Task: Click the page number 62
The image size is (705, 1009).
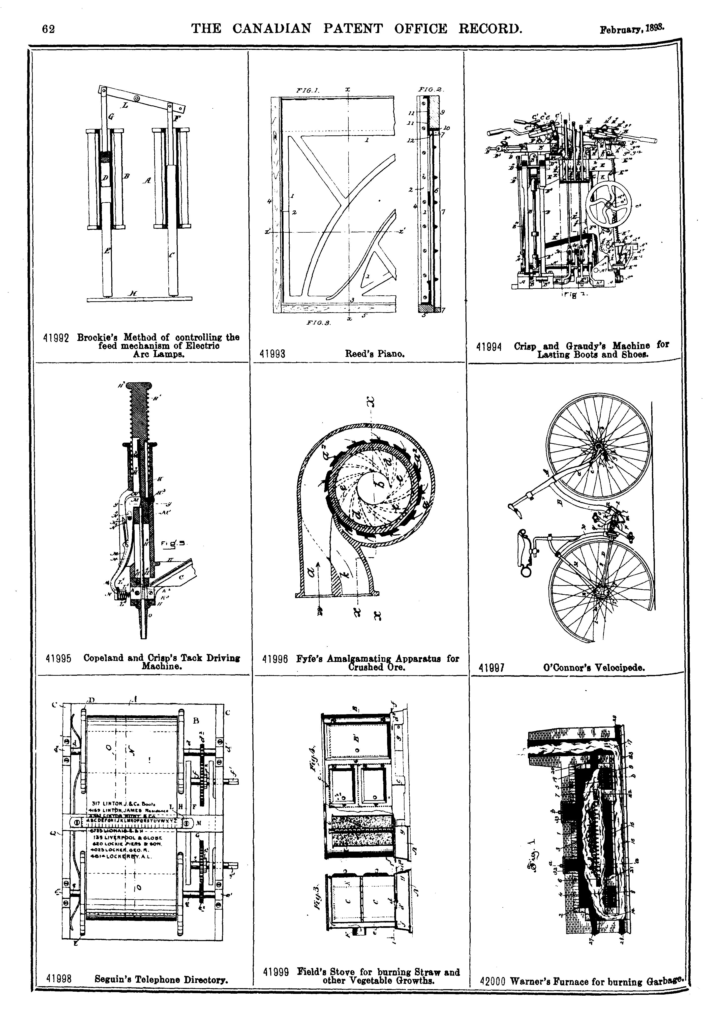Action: (x=48, y=30)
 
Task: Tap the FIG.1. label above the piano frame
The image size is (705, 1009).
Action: (x=308, y=90)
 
